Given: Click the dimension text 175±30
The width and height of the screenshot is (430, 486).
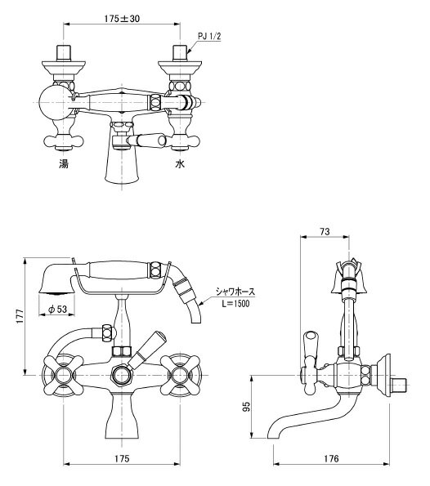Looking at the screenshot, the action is click(122, 19).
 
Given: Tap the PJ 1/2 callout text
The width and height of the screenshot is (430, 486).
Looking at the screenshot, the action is click(209, 36).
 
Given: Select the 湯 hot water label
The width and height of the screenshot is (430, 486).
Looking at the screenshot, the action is click(64, 163).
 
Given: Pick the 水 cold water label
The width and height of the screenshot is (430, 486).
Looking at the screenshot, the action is click(180, 163).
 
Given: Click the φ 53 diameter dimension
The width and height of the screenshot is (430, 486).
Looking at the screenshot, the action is click(58, 309).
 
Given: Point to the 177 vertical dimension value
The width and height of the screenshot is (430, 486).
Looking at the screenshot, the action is click(20, 316).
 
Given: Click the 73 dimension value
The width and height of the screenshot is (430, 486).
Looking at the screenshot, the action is click(325, 231).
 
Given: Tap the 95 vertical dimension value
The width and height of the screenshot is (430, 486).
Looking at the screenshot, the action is click(246, 406).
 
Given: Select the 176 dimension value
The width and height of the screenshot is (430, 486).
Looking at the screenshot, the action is click(331, 458).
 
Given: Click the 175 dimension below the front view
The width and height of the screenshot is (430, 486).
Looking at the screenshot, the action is click(122, 458).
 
